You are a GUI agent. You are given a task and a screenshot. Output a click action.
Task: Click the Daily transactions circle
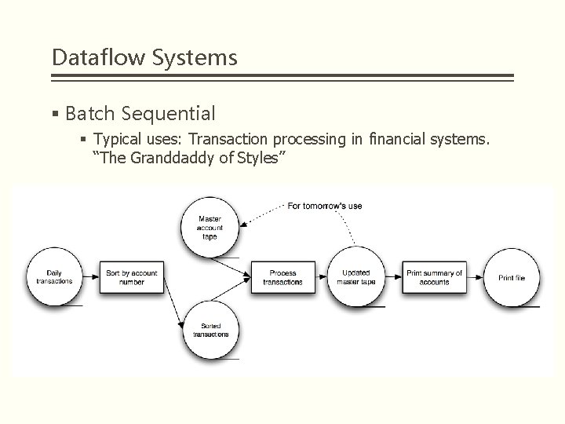pyautogui.click(x=55, y=277)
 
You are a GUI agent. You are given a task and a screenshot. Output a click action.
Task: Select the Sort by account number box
pyautogui.click(x=132, y=277)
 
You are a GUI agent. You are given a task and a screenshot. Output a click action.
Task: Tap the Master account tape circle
pyautogui.click(x=210, y=226)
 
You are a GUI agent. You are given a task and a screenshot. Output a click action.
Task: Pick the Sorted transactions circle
pyautogui.click(x=210, y=329)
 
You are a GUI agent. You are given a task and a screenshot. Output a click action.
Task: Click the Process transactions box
pyautogui.click(x=282, y=277)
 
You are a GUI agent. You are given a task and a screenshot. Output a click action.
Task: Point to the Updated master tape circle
pyautogui.click(x=356, y=277)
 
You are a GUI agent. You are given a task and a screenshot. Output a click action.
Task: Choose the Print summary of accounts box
pyautogui.click(x=434, y=277)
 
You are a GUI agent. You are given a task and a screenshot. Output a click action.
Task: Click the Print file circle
pyautogui.click(x=512, y=277)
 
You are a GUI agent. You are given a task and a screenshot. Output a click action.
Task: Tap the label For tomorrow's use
pyautogui.click(x=324, y=206)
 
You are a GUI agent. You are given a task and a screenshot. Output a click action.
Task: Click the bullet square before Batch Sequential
pyautogui.click(x=55, y=115)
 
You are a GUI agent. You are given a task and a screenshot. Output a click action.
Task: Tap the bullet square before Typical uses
pyautogui.click(x=84, y=141)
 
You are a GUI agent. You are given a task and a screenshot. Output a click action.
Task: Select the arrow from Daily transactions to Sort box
pyautogui.click(x=90, y=277)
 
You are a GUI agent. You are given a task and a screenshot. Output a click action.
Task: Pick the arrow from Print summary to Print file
pyautogui.click(x=476, y=277)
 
